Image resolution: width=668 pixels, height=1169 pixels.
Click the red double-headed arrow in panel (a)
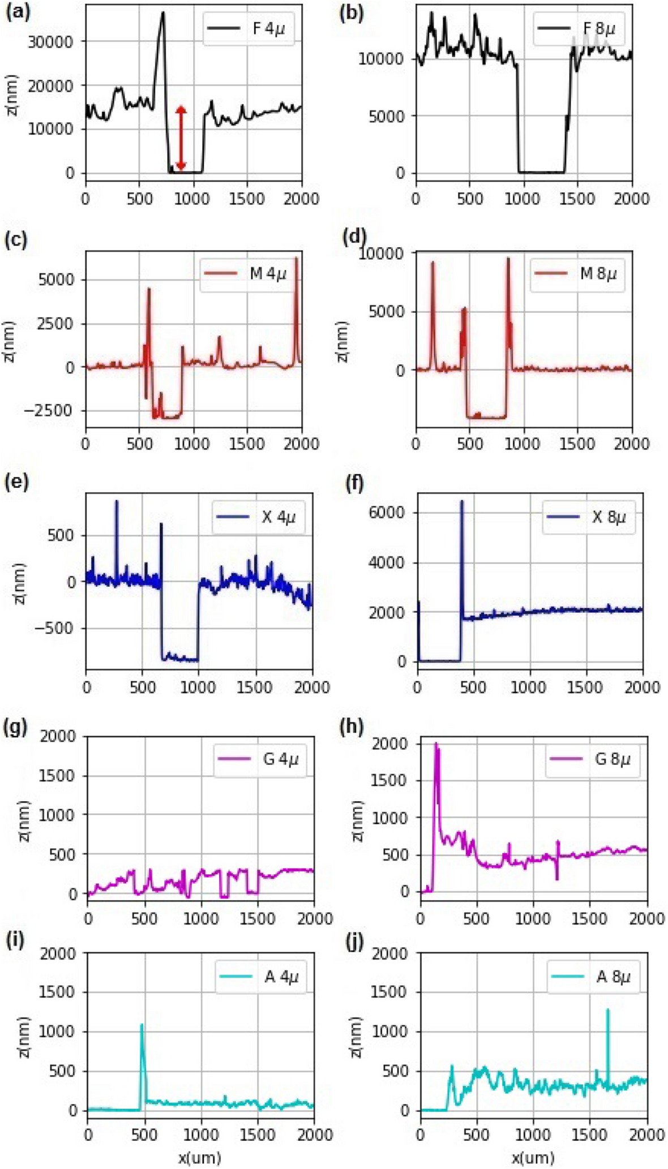[181, 138]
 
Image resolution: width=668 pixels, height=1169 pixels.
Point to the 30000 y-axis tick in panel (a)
[57, 41]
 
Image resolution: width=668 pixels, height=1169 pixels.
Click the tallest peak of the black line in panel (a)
[163, 13]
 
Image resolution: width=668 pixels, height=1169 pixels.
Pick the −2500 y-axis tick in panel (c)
[55, 411]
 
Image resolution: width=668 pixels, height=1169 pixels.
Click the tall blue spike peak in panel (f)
[461, 501]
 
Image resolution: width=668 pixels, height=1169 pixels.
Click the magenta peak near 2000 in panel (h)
[436, 744]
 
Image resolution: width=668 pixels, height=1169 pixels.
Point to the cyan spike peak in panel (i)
[142, 1025]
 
